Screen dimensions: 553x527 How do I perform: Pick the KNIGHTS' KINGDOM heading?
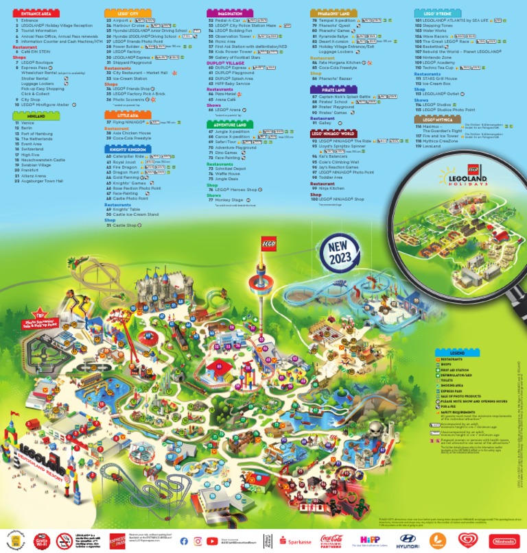pos(127,148)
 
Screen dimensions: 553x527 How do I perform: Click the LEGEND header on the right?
pos(458,352)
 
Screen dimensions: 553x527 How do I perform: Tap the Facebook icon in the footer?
pos(184,541)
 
